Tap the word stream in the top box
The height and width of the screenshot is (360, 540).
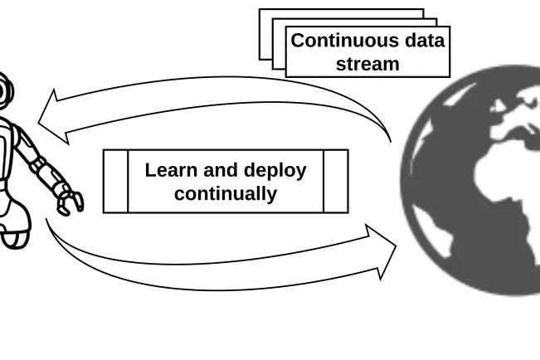(x=367, y=64)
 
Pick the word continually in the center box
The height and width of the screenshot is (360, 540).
(x=226, y=194)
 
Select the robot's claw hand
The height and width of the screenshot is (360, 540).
(x=71, y=200)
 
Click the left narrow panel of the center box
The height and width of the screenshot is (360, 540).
(x=116, y=182)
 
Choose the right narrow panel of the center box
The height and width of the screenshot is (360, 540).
(x=335, y=182)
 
